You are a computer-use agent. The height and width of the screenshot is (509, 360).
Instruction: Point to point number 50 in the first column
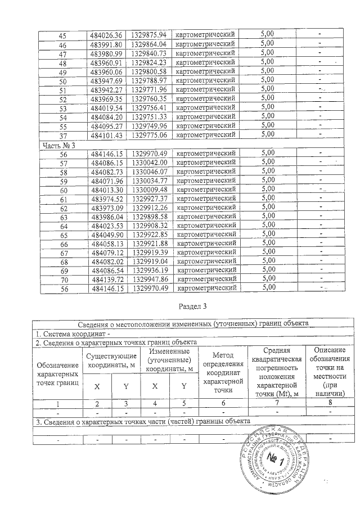tap(62, 80)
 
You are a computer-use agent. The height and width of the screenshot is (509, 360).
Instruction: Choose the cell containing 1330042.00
tap(148, 163)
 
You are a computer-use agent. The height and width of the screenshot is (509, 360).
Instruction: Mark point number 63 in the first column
tap(62, 217)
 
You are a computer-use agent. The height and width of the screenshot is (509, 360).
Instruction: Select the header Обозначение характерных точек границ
tap(58, 373)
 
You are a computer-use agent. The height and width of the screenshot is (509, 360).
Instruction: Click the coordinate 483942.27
tap(106, 89)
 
